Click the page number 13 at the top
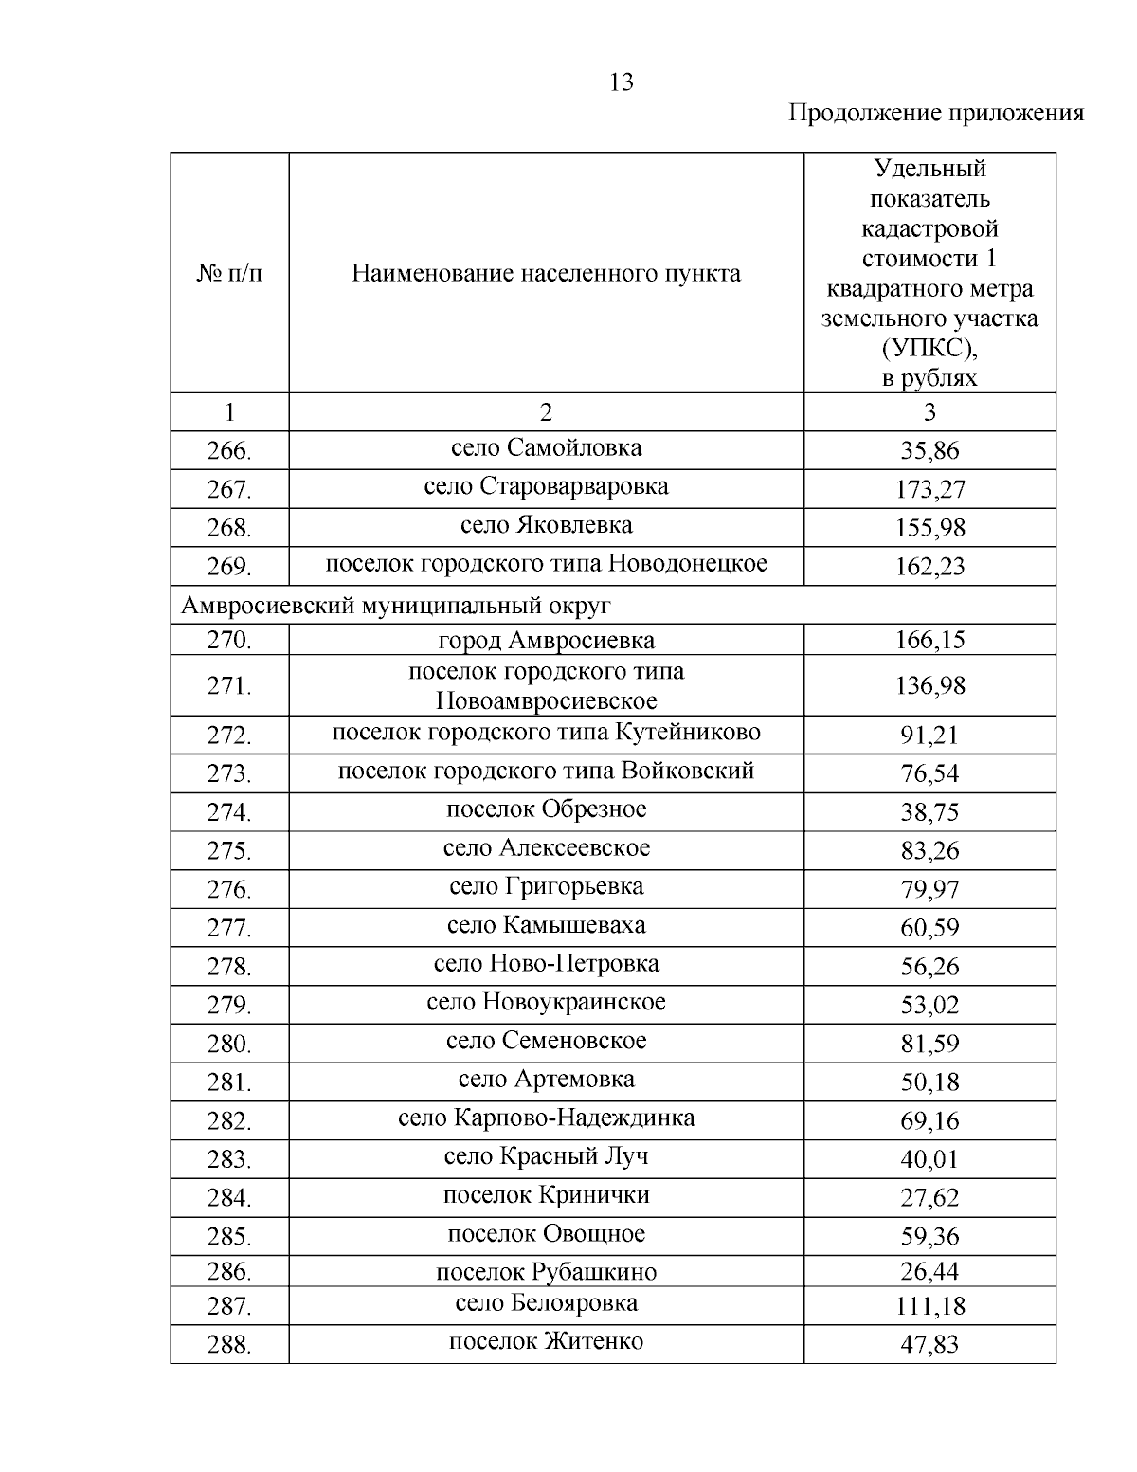point(622,82)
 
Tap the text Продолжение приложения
point(936,114)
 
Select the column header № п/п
point(229,274)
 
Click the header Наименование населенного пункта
point(546,274)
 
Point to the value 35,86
point(929,450)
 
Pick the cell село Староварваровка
point(546,486)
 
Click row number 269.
point(229,567)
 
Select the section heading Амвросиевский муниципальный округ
point(396,605)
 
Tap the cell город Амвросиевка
point(546,641)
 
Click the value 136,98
point(929,685)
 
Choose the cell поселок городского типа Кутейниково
point(546,733)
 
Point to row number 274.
point(229,812)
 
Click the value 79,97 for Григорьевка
point(929,889)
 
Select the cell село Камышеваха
point(546,925)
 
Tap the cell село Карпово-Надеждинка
point(546,1118)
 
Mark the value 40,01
point(929,1159)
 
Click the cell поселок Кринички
point(546,1195)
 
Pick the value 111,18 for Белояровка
point(929,1306)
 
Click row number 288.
point(229,1344)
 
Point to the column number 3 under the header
point(929,412)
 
